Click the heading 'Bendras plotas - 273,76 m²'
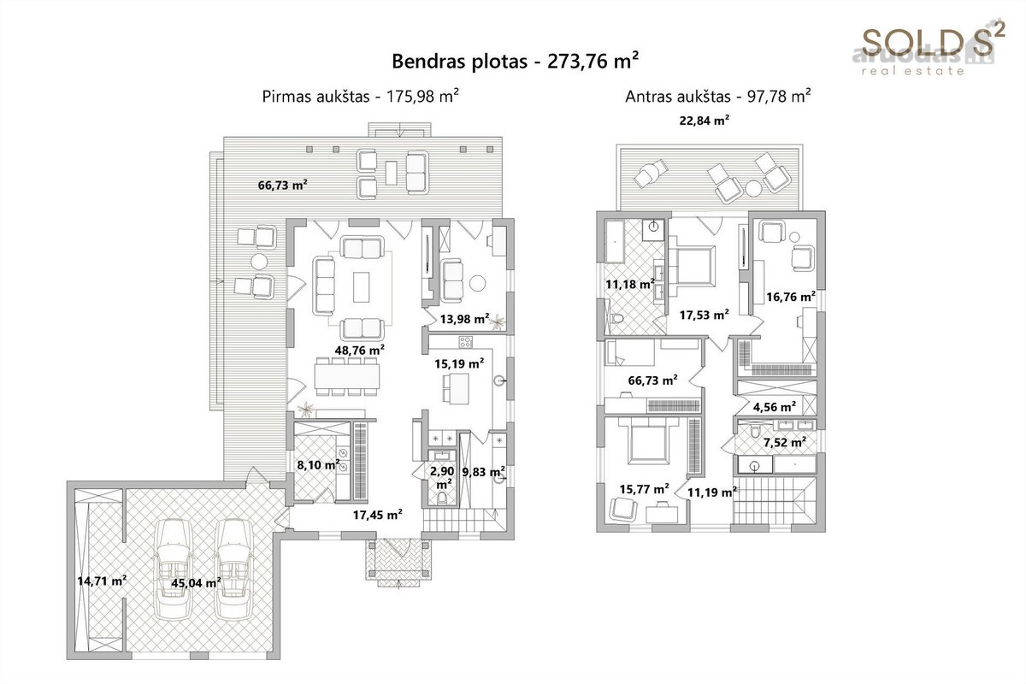(516, 62)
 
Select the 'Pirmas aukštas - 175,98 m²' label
(361, 97)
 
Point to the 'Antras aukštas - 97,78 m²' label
(717, 97)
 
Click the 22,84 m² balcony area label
(704, 121)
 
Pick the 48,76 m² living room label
(360, 351)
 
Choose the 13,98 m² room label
(464, 319)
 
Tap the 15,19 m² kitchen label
(459, 363)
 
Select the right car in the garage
(233, 569)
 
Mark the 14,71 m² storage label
(102, 581)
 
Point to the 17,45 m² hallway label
(377, 515)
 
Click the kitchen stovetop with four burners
(466, 342)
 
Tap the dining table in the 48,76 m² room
(347, 376)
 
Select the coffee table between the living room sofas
(361, 287)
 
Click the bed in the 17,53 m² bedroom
(692, 267)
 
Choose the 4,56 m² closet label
(774, 407)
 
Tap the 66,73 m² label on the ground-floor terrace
(283, 185)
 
